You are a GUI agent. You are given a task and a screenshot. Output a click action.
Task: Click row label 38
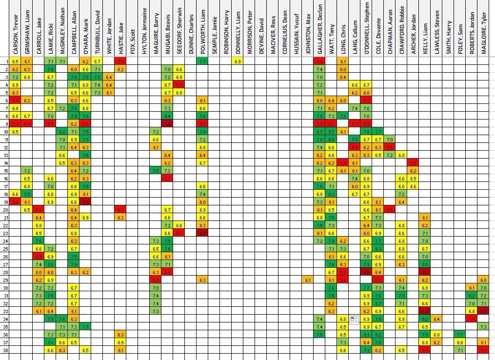point(5,351)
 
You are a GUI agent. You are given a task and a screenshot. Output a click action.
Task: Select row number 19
point(5,202)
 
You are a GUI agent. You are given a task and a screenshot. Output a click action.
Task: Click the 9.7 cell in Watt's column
point(332,132)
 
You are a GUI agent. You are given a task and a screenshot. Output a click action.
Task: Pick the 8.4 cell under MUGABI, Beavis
point(167,116)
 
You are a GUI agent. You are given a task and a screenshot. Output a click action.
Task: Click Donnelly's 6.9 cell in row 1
point(238,61)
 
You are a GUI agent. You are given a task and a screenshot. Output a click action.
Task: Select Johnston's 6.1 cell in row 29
point(308,280)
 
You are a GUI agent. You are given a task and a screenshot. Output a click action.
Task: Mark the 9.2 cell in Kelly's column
point(425,319)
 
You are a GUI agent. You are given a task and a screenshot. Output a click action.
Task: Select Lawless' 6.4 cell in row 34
point(436,319)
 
